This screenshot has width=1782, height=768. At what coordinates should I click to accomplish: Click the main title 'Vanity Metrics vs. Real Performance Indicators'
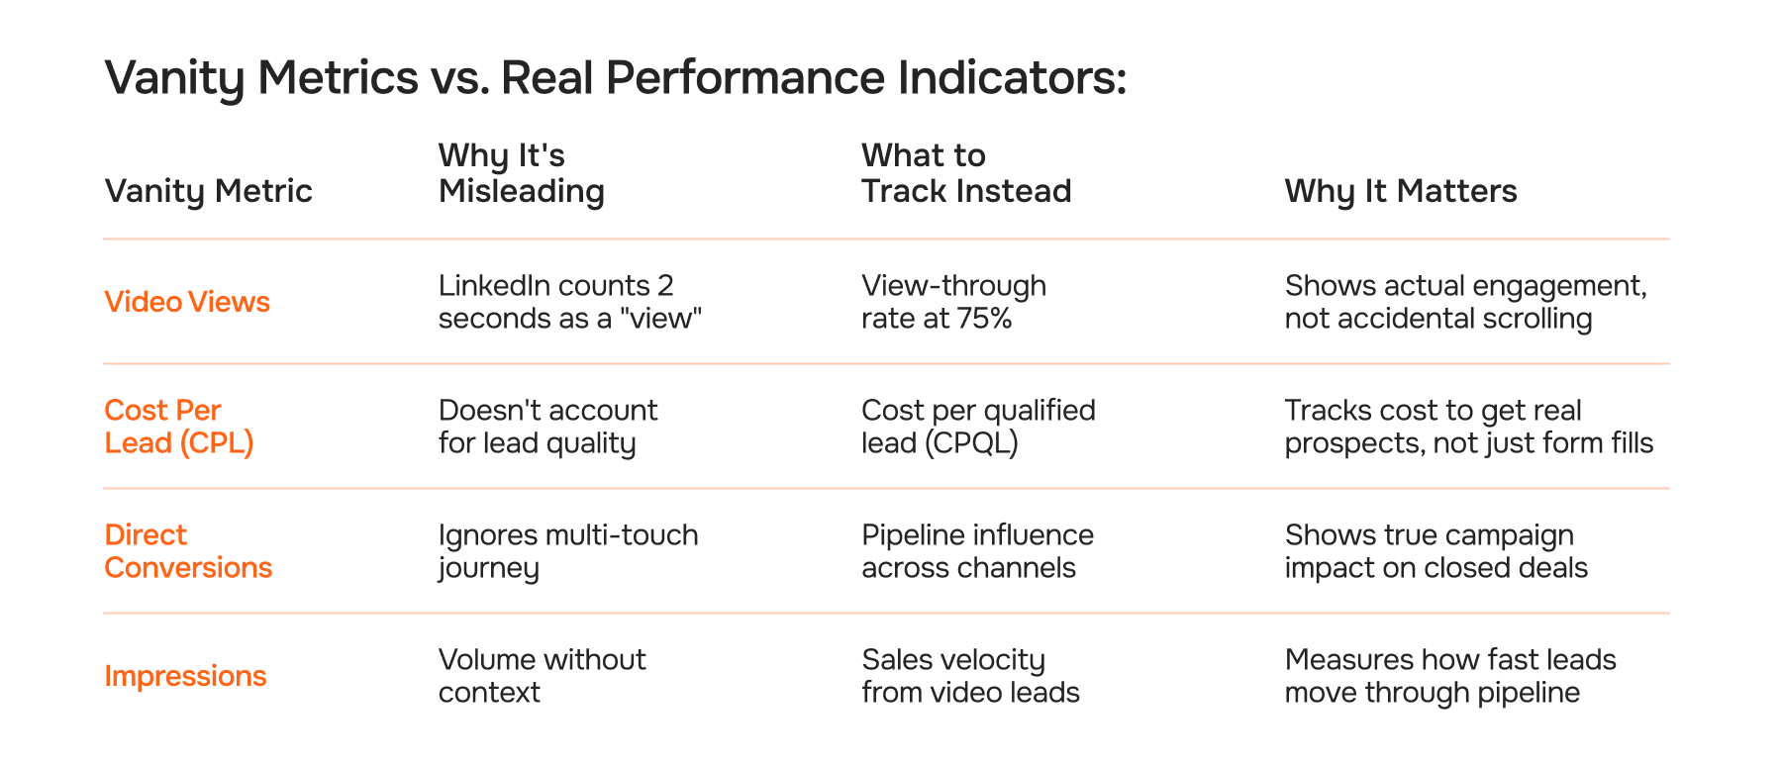pyautogui.click(x=615, y=78)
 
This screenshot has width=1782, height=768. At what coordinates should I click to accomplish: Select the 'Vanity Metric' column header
pyautogui.click(x=208, y=191)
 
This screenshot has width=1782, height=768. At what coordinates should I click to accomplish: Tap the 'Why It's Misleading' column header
pyautogui.click(x=521, y=173)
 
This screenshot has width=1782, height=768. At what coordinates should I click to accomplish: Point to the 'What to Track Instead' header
pyautogui.click(x=965, y=173)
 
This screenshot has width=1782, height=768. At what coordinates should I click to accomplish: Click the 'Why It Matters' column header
pyautogui.click(x=1400, y=191)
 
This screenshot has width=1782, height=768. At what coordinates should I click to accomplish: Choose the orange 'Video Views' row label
pyautogui.click(x=187, y=302)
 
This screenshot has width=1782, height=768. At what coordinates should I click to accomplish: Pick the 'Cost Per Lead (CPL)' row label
pyautogui.click(x=178, y=427)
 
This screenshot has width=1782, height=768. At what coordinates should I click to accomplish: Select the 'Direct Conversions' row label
pyautogui.click(x=187, y=551)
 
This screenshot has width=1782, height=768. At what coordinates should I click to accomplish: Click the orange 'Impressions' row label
pyautogui.click(x=185, y=676)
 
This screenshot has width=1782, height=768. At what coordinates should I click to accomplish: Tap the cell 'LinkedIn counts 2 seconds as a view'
pyautogui.click(x=569, y=302)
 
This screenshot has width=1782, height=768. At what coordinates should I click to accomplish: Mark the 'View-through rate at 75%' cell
pyautogui.click(x=952, y=302)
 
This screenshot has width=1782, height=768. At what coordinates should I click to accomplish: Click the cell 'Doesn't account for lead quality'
pyautogui.click(x=547, y=427)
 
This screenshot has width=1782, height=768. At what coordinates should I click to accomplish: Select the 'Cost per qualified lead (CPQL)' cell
pyautogui.click(x=977, y=427)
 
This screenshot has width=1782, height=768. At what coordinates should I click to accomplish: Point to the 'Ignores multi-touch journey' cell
pyautogui.click(x=567, y=551)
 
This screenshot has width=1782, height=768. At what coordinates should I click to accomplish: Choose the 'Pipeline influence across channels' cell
pyautogui.click(x=976, y=551)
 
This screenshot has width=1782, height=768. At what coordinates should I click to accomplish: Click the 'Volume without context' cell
pyautogui.click(x=542, y=676)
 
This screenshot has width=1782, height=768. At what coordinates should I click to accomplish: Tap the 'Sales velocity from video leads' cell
pyautogui.click(x=969, y=676)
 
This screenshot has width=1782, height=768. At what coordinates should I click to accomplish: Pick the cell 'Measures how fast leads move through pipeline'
pyautogui.click(x=1449, y=676)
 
